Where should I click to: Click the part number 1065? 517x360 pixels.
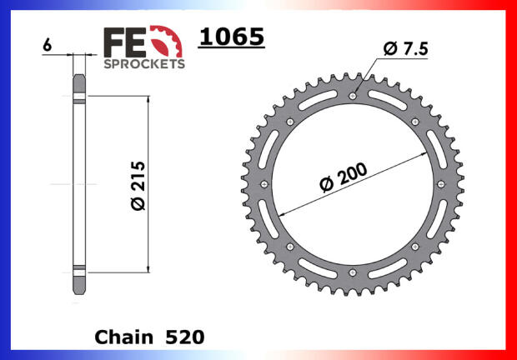coord(232,37)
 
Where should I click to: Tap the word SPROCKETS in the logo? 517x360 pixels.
coord(144,64)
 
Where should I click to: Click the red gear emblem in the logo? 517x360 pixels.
coord(167,41)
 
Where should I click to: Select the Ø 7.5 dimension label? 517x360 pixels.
coord(405,49)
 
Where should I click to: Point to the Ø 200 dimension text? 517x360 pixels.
coord(344,177)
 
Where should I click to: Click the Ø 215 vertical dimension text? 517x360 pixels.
coord(138,186)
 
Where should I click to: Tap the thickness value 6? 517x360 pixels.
coord(48,45)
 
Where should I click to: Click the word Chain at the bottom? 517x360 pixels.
coord(124,337)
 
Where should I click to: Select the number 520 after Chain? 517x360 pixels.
coord(185,337)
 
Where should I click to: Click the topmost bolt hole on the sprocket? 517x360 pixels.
coord(353,96)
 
